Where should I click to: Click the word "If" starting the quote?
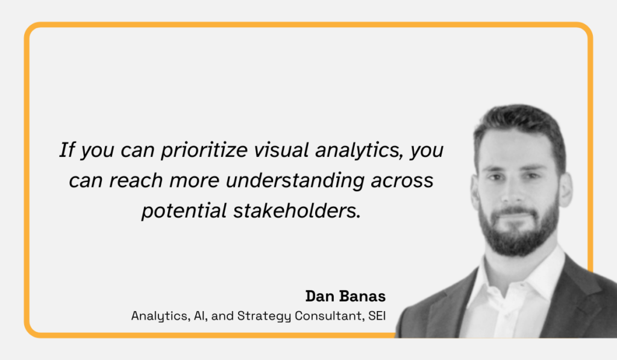coord(67,150)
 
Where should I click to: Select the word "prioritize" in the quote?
coord(204,151)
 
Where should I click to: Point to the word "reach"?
coord(136,180)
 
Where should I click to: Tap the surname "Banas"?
coord(363,296)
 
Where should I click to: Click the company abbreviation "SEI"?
coord(377,316)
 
